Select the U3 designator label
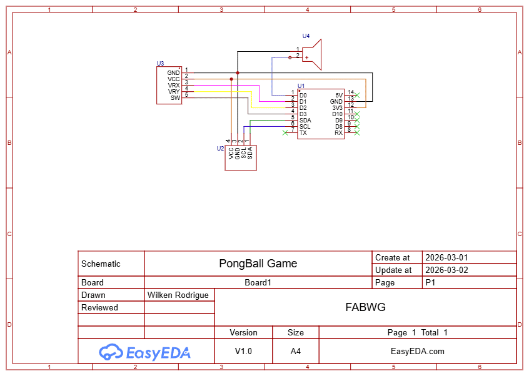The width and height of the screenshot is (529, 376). click(x=160, y=64)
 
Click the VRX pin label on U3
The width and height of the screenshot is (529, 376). click(x=174, y=86)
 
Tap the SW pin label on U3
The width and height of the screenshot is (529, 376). click(x=176, y=98)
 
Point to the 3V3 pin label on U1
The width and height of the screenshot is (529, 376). click(x=337, y=108)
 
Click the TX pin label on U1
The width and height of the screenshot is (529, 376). click(x=303, y=133)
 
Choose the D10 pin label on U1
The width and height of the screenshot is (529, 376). click(x=337, y=114)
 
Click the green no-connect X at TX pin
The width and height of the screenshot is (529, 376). click(x=285, y=132)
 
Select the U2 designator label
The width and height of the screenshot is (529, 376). click(x=220, y=149)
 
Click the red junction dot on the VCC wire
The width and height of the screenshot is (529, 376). click(x=231, y=79)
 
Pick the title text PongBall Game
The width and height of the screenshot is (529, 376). click(x=258, y=264)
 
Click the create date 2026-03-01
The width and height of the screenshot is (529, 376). click(x=446, y=257)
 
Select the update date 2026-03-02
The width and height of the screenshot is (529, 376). click(x=446, y=270)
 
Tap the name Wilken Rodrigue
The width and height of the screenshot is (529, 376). click(x=178, y=295)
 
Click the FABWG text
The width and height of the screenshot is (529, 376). click(x=365, y=307)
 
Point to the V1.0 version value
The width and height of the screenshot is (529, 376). click(x=243, y=352)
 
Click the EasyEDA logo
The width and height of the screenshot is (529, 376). click(x=144, y=352)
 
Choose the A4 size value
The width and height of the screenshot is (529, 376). click(x=296, y=352)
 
